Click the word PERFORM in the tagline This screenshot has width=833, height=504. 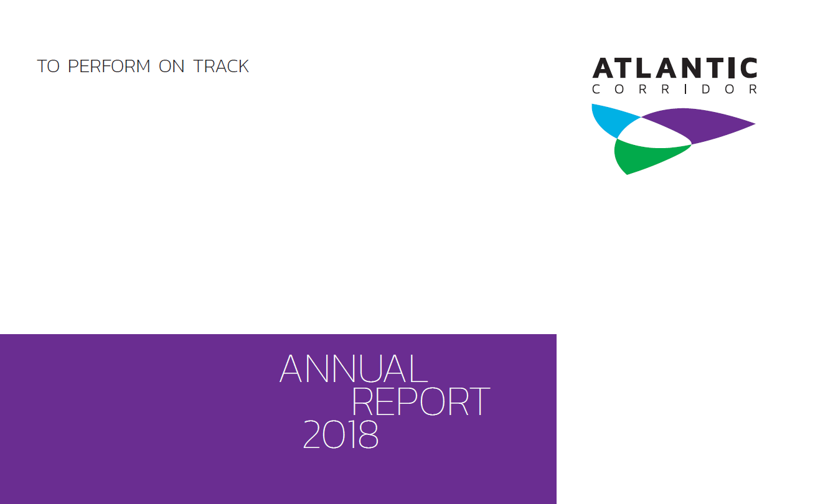click(x=109, y=67)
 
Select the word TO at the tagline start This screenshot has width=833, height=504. click(x=48, y=67)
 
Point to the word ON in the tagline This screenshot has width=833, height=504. click(x=172, y=67)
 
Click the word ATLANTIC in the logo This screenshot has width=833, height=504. click(x=675, y=68)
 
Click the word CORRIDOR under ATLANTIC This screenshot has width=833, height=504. click(x=675, y=90)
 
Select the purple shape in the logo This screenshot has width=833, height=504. click(x=697, y=124)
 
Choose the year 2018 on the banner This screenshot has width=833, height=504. click(x=341, y=435)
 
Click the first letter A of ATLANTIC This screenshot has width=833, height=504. click(x=603, y=68)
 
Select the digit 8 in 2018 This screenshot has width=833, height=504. click(x=368, y=435)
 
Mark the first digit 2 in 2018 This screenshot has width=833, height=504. click(x=312, y=435)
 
